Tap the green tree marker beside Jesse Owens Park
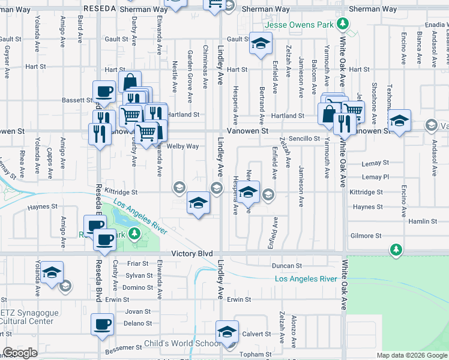342,24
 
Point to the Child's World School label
182,344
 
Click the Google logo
20,353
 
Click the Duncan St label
286,265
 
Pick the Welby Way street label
183,146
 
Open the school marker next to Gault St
261,43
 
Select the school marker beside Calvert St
227,331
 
